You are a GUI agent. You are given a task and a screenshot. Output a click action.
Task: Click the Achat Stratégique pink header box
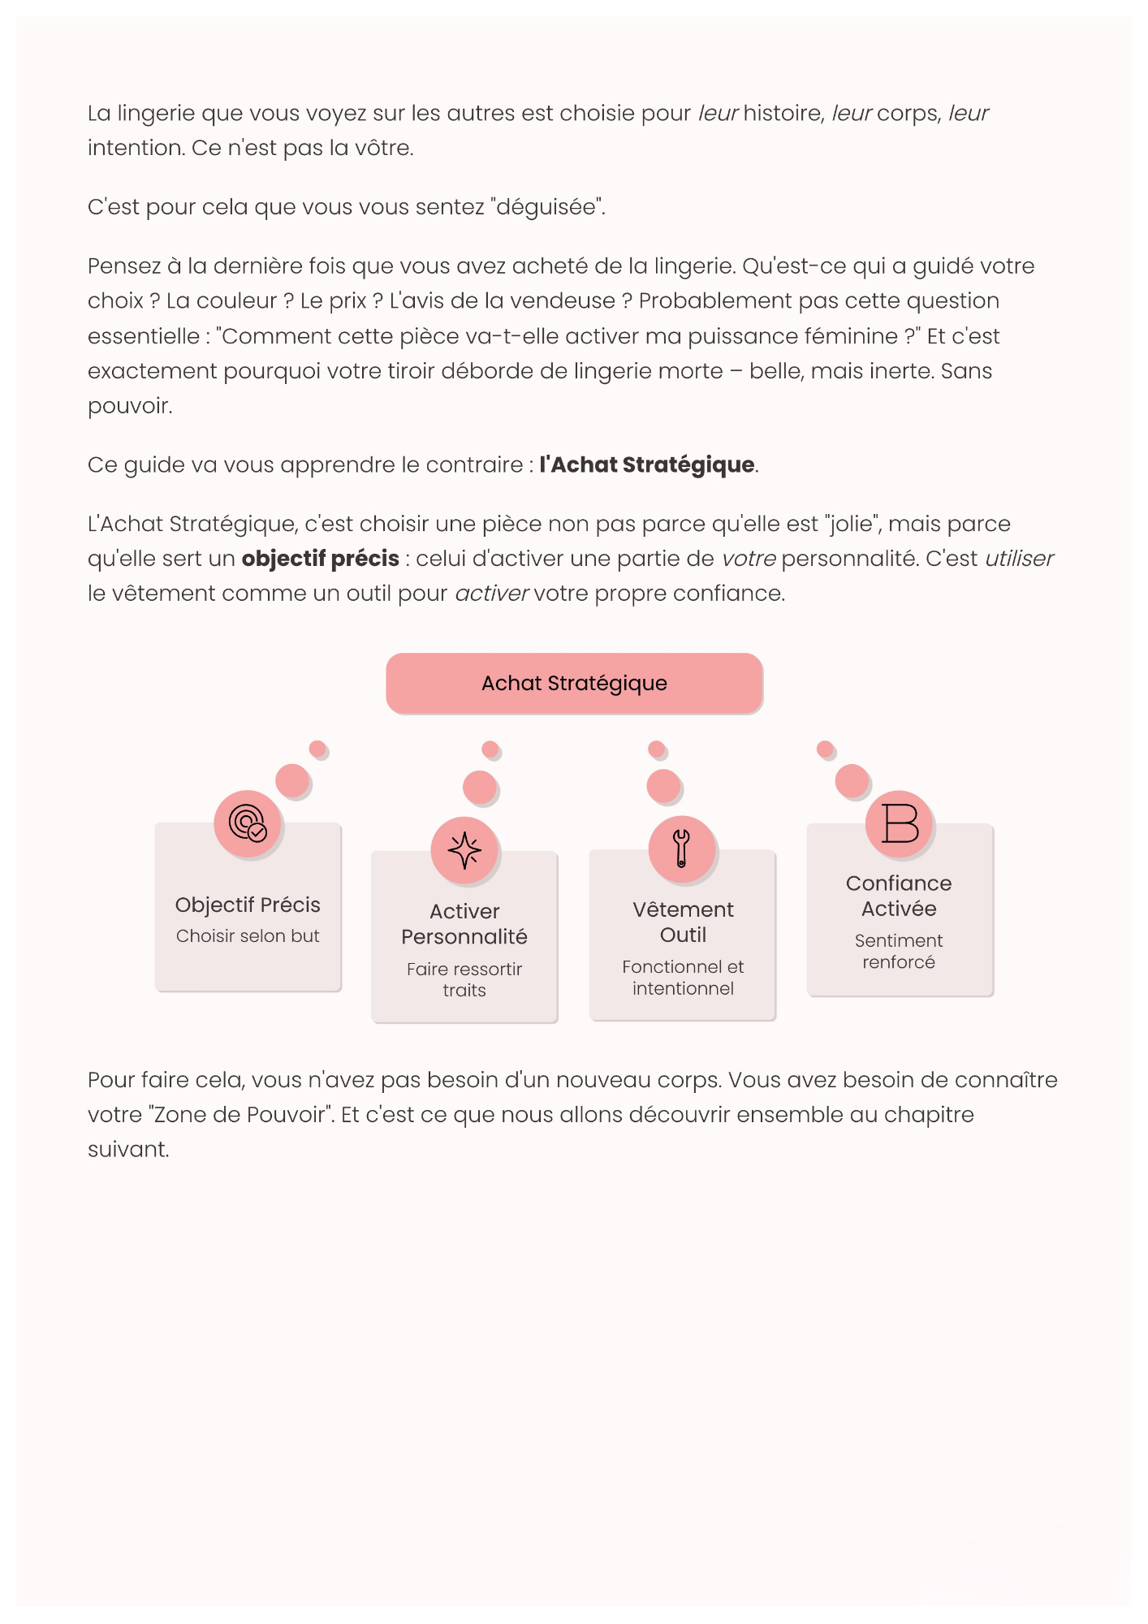pyautogui.click(x=574, y=683)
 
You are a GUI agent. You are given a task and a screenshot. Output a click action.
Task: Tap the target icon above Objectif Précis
pyautogui.click(x=248, y=823)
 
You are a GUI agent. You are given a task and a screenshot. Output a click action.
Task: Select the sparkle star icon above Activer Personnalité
pyautogui.click(x=464, y=850)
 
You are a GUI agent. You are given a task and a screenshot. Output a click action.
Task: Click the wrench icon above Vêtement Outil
pyautogui.click(x=681, y=849)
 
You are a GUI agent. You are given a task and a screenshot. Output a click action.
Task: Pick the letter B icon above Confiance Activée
pyautogui.click(x=899, y=823)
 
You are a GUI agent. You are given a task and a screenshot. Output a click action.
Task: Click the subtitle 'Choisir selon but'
pyautogui.click(x=248, y=936)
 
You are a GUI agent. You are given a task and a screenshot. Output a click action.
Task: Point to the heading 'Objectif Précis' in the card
pyautogui.click(x=248, y=905)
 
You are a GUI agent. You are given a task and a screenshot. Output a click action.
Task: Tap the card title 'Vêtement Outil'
pyautogui.click(x=683, y=922)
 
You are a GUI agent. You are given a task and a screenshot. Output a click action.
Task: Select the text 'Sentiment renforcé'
pyautogui.click(x=899, y=951)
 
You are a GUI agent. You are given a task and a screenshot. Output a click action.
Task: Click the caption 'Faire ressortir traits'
pyautogui.click(x=464, y=979)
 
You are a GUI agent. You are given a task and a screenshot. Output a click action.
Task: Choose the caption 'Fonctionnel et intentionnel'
pyautogui.click(x=683, y=978)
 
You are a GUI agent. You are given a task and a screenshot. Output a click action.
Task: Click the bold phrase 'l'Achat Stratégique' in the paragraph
pyautogui.click(x=647, y=464)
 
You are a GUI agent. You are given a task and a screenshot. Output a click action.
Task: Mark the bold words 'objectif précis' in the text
pyautogui.click(x=320, y=559)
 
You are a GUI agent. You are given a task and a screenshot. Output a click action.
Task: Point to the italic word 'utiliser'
pyautogui.click(x=1019, y=559)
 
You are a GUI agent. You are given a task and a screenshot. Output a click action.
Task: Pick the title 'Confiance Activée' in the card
pyautogui.click(x=899, y=896)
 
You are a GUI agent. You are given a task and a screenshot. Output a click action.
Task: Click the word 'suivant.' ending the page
pyautogui.click(x=128, y=1150)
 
